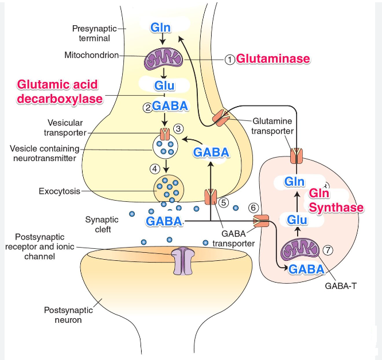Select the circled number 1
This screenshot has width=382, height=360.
(229, 59)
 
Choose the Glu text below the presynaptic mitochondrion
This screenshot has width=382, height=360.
(163, 85)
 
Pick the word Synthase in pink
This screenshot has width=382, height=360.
(336, 207)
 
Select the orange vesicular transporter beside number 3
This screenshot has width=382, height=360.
(165, 134)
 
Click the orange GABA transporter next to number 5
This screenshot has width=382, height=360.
(211, 197)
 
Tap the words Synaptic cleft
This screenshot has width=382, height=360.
(101, 224)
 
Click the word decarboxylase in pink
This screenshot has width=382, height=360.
(60, 99)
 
